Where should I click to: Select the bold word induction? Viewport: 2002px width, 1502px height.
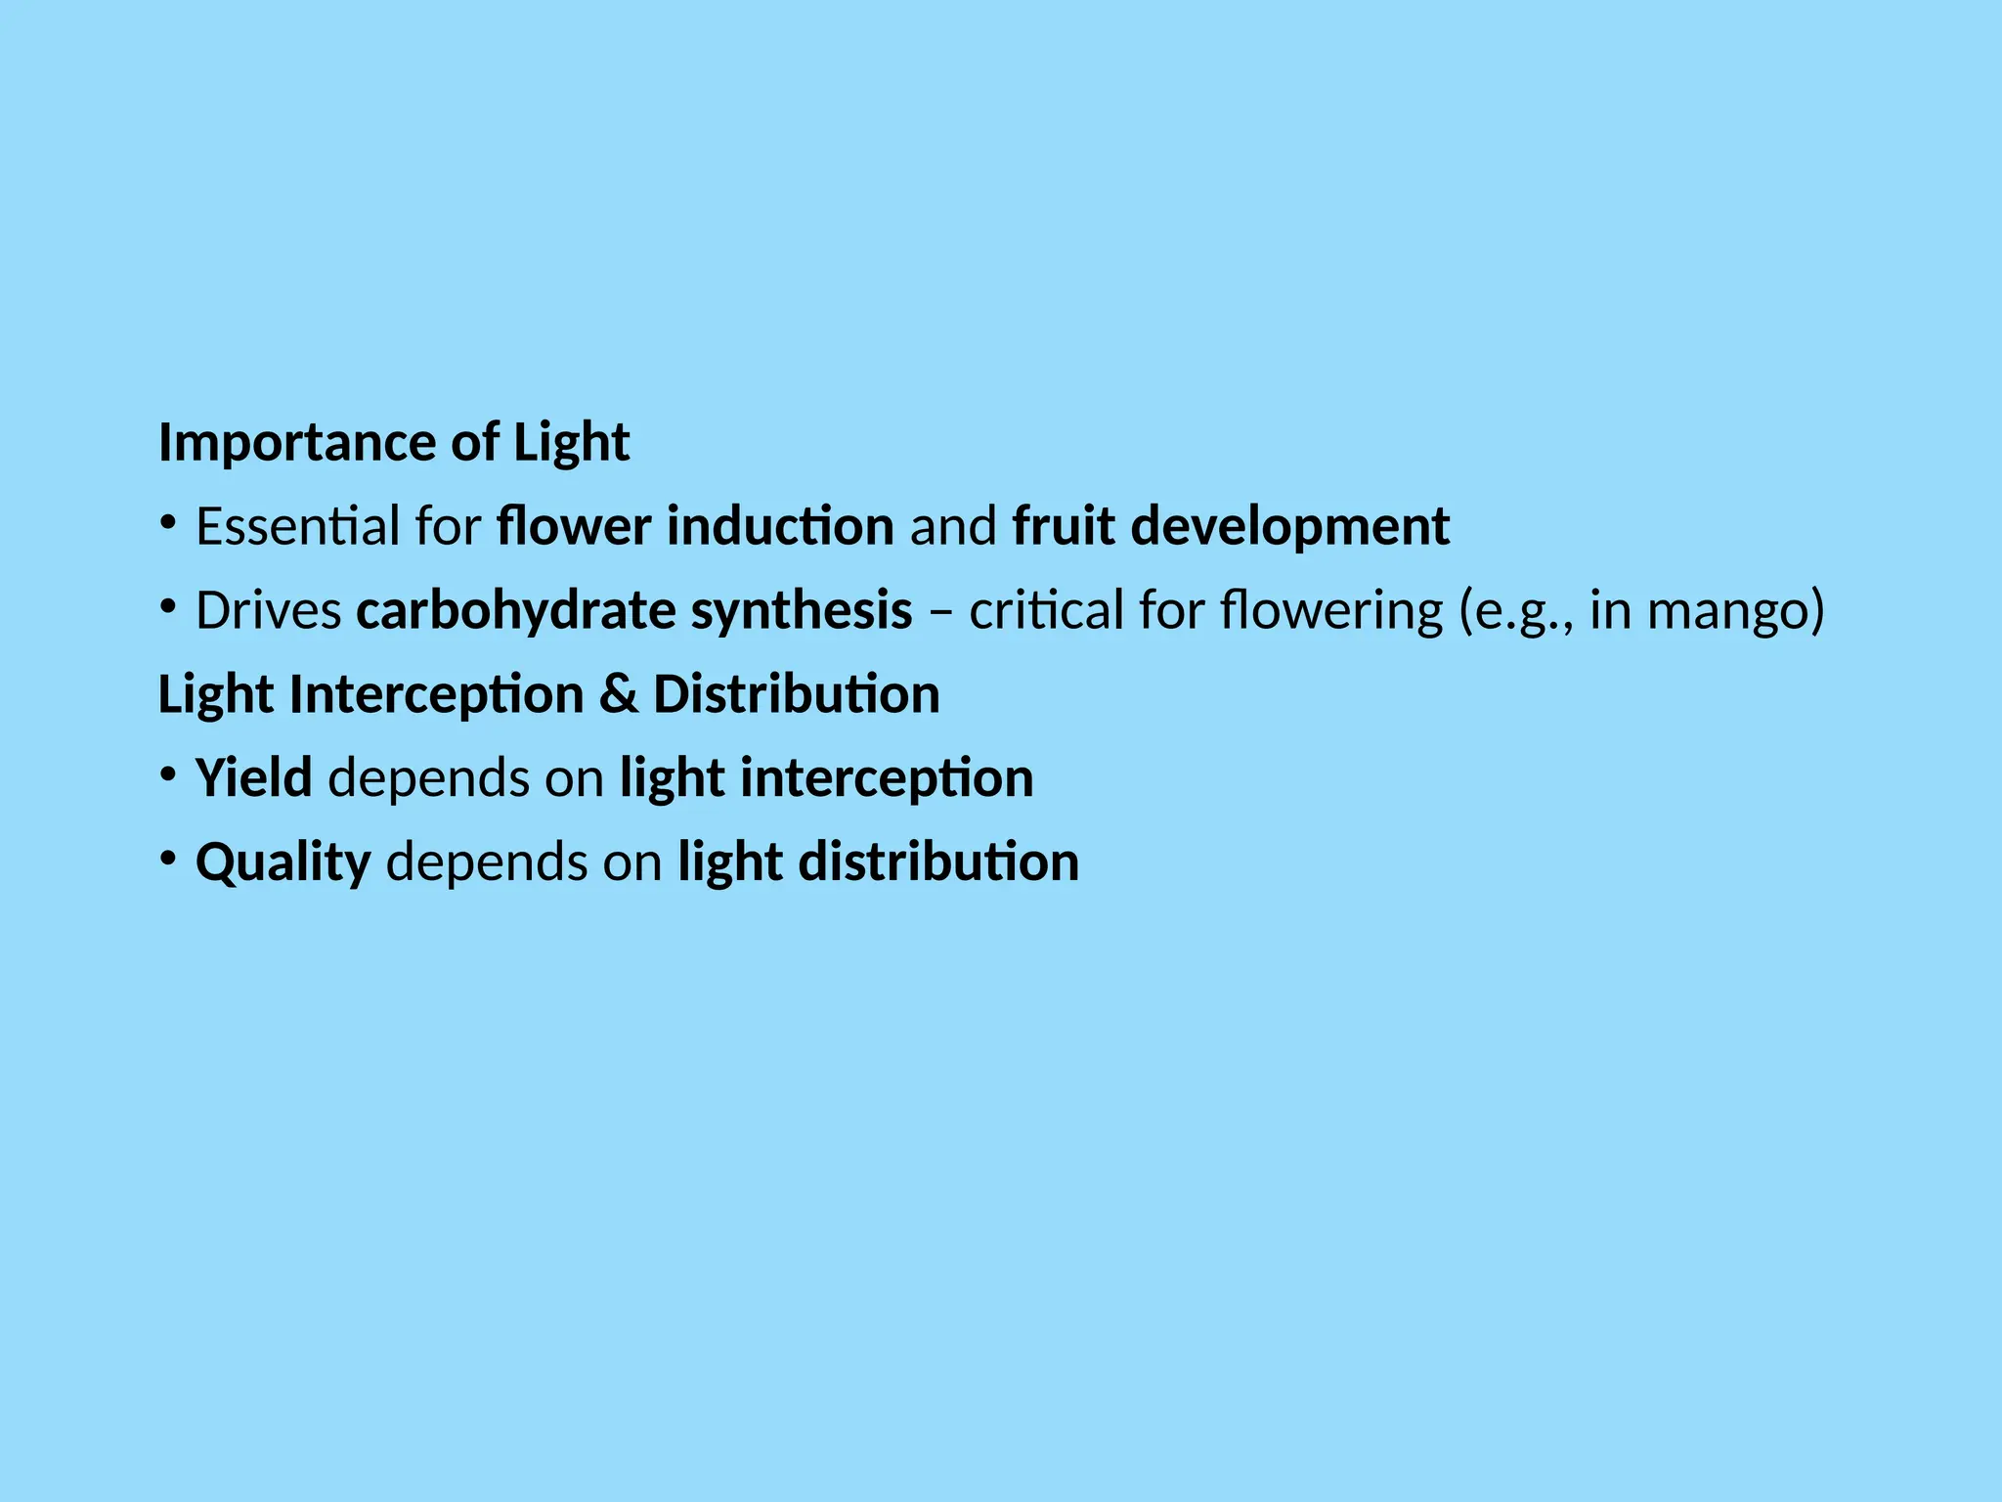point(780,526)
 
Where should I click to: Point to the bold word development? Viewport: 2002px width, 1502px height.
point(1290,528)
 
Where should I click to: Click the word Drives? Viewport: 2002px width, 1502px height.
point(268,611)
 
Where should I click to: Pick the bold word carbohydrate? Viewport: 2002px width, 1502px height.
point(515,611)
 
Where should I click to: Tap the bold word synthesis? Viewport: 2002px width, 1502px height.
point(802,611)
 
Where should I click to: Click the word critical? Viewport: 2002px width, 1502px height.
point(1046,611)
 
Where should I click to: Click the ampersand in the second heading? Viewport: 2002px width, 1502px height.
point(618,695)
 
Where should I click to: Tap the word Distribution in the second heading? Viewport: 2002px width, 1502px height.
point(796,695)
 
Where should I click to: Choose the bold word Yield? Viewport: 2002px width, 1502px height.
point(253,778)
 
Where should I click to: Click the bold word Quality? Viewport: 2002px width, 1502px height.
point(283,863)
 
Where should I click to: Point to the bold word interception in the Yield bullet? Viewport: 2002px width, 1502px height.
point(887,779)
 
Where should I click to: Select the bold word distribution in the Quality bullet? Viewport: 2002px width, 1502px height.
point(938,862)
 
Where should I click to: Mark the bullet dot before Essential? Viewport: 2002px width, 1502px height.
point(168,524)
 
